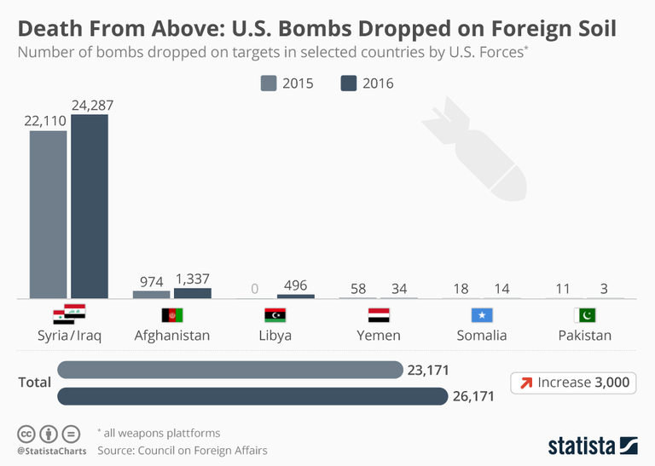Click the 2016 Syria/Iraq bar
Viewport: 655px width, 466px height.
(x=90, y=206)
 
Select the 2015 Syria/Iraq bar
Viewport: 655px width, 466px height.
(x=49, y=214)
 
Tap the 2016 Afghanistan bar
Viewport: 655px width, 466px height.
(x=193, y=293)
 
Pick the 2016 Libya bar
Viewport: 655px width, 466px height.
(x=296, y=296)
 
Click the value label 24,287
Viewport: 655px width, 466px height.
(x=92, y=106)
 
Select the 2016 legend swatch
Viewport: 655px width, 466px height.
(x=348, y=83)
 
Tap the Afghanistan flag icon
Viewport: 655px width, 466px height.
(x=172, y=315)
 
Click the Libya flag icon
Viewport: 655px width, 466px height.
(x=275, y=315)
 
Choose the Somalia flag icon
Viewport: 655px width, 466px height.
(x=482, y=315)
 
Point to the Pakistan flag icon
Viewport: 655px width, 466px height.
(x=585, y=315)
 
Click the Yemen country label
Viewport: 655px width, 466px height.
(x=378, y=335)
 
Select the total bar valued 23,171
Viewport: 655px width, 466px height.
(x=230, y=370)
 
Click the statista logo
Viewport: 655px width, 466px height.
(x=592, y=445)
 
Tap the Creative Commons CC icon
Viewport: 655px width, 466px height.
(x=28, y=433)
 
